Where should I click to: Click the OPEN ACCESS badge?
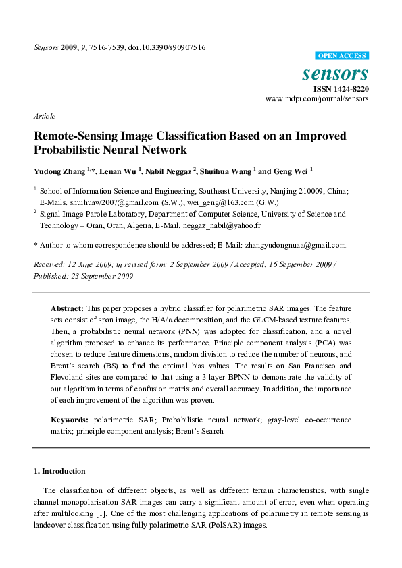[342, 56]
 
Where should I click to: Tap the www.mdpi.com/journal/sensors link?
[317, 98]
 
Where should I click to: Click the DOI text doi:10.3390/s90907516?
[165, 47]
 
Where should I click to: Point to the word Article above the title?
[45, 116]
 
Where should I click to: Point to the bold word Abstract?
[68, 308]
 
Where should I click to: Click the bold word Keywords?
[70, 420]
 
